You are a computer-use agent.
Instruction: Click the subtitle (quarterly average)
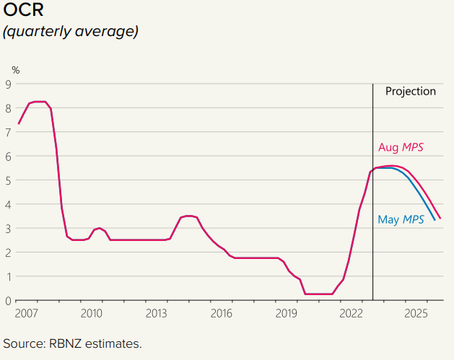tap(71, 32)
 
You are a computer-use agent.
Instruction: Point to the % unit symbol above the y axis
tap(16, 70)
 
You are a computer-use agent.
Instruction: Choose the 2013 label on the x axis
tap(156, 314)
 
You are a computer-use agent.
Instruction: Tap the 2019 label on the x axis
tap(287, 314)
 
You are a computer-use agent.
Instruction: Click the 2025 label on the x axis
tap(416, 314)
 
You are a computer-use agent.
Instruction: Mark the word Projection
tap(410, 92)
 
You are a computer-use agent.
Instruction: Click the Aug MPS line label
tap(400, 147)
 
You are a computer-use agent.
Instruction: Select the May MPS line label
tap(401, 219)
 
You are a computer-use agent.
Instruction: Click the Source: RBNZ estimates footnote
tap(73, 343)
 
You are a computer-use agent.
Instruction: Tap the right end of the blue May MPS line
tap(435, 220)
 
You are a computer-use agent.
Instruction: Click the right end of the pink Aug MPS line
tap(440, 218)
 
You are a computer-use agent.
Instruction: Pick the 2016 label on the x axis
tap(221, 314)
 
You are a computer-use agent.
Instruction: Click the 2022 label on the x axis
tap(352, 314)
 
